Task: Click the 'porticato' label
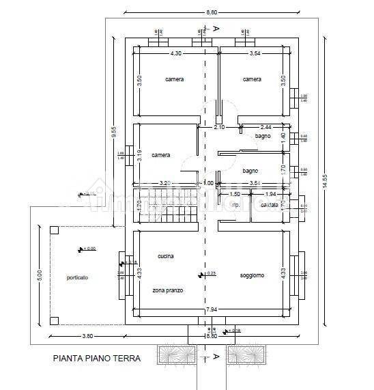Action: (77, 277)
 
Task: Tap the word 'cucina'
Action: (165, 256)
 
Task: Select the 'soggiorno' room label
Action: (252, 275)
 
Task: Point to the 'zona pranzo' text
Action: (167, 290)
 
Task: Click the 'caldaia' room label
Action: (270, 205)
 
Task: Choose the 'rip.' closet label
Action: (235, 205)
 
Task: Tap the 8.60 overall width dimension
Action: (212, 12)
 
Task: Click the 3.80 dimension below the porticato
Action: (68, 336)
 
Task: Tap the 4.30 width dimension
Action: (175, 53)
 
